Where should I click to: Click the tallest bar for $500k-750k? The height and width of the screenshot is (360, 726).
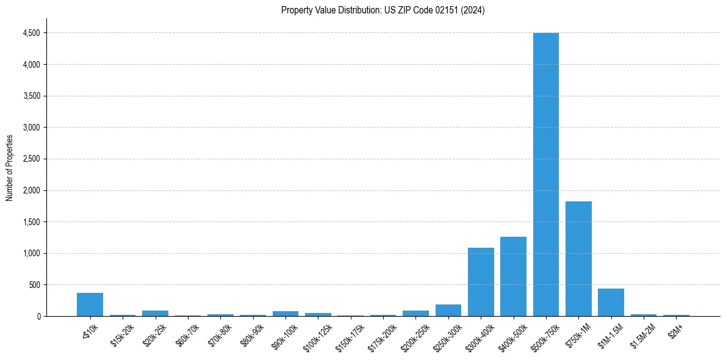(x=545, y=175)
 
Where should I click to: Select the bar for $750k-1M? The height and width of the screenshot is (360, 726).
(x=578, y=259)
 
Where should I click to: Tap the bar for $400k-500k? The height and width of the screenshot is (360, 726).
(x=513, y=276)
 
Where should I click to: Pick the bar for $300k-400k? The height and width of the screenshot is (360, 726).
(x=481, y=282)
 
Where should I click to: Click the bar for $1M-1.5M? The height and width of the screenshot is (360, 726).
(x=611, y=303)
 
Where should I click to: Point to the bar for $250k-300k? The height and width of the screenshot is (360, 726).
(x=448, y=311)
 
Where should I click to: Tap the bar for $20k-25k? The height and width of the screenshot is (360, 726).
(x=155, y=314)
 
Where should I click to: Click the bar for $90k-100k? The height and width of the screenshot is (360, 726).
(x=285, y=314)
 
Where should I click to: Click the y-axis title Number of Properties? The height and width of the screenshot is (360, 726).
(x=10, y=168)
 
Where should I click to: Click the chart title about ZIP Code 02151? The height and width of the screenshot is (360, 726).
(x=383, y=10)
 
